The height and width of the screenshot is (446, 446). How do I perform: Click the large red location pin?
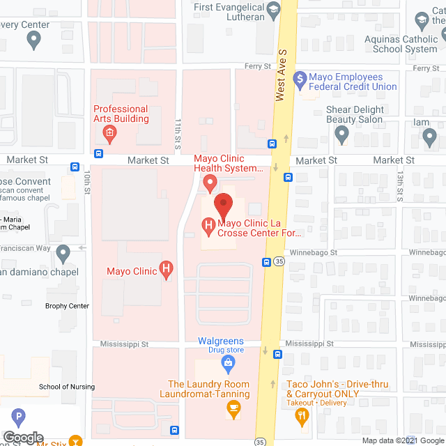point(223,206)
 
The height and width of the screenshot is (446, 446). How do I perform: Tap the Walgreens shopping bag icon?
point(227,362)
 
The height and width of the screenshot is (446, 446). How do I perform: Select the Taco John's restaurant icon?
point(302,416)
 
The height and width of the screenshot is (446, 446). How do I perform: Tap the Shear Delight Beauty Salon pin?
point(341,135)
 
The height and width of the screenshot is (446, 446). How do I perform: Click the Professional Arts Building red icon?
point(109,132)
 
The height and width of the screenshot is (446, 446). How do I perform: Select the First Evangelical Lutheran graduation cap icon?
point(273,8)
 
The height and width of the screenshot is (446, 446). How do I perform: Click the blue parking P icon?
point(19,418)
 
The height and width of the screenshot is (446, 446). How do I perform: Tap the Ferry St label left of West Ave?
point(258,66)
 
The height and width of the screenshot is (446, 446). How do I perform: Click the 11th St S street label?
point(178,134)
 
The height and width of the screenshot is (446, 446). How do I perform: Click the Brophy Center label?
point(68,306)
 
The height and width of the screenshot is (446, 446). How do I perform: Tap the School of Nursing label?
point(67,387)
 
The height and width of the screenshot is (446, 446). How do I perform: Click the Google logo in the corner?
point(22,438)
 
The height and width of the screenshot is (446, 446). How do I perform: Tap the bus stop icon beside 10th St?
point(75,167)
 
